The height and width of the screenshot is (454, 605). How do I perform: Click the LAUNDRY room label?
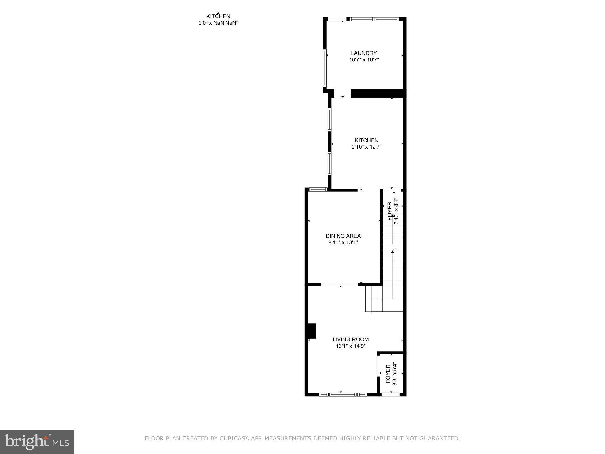364,53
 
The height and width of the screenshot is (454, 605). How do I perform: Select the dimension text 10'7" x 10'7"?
364,60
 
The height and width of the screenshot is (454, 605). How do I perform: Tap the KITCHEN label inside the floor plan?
366,140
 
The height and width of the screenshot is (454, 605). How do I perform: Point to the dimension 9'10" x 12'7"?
366,147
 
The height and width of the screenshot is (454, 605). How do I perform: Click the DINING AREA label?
343,236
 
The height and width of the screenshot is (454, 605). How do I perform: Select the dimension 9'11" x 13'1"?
343,243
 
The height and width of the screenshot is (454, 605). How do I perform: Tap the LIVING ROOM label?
350,340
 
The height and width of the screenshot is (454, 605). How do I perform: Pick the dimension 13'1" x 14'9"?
350,346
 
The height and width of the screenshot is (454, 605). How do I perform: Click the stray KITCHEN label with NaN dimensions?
218,20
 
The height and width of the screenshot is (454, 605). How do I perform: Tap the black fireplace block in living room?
312,331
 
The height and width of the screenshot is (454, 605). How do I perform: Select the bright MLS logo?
37,442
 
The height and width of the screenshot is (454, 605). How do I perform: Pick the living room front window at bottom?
343,394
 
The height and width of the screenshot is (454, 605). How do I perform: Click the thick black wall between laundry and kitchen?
377,93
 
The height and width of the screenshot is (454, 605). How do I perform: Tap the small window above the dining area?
318,189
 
